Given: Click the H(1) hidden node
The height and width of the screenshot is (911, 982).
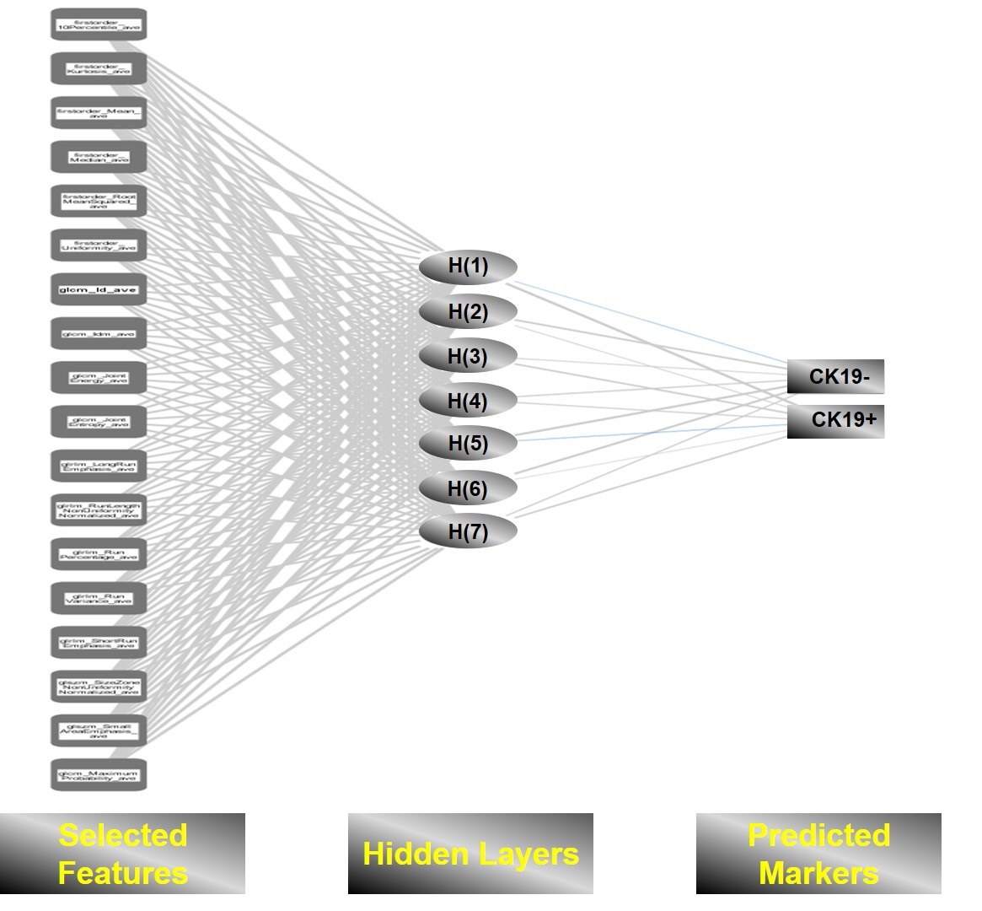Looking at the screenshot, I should coord(467,267).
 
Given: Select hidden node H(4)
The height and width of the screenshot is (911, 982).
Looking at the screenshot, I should coord(467,401).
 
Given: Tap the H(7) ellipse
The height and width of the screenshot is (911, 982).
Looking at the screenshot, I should coord(467,532).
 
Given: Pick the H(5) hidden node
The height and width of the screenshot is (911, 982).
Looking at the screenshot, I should coord(467,444).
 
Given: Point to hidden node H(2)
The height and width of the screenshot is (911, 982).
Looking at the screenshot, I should coord(467,312).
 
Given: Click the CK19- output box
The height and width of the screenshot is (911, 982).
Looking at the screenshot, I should coord(835,376).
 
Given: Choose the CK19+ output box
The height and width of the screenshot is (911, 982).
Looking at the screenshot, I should coord(835,420).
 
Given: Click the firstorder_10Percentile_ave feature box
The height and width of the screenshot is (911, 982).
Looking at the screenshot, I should coord(99,24).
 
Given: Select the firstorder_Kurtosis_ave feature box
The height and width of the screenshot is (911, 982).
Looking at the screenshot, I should coord(99,68).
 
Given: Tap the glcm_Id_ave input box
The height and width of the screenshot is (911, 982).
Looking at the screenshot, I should coord(99,289).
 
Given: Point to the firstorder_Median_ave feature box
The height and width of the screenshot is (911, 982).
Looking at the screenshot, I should coord(99,157).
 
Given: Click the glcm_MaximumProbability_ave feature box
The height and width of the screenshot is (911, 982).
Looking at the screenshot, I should coord(99,774).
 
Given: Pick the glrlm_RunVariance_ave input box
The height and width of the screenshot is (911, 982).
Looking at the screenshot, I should coord(99,598).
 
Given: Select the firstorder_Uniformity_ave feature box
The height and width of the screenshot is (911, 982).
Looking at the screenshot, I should coord(99,245).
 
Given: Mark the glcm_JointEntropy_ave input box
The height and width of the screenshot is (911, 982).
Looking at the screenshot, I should coord(99,422).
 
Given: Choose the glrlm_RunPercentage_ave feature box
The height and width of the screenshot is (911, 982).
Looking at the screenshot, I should coord(99,554).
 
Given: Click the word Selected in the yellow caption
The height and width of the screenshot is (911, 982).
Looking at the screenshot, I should coord(123,835).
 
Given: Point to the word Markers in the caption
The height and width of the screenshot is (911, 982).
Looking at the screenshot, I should coord(818,872).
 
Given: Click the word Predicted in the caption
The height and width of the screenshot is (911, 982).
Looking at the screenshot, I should coord(818,835).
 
